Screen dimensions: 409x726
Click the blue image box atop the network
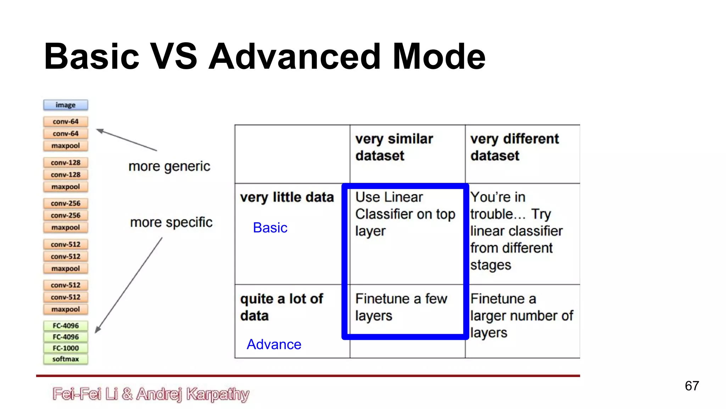click(66, 105)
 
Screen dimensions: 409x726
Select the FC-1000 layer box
click(66, 348)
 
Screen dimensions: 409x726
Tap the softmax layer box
click(66, 359)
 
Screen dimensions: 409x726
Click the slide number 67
click(692, 386)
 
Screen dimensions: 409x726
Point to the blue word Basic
click(270, 228)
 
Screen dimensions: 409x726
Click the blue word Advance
click(274, 344)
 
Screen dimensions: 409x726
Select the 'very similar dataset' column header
click(394, 147)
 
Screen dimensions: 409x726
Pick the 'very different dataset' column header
click(514, 147)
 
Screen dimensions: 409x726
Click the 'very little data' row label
click(287, 197)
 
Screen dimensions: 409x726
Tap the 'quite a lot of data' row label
click(281, 307)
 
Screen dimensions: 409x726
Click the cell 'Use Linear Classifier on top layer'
click(405, 214)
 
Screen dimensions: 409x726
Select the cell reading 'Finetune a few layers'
click(401, 307)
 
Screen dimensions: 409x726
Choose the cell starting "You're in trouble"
click(516, 231)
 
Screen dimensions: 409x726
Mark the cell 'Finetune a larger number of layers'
click(521, 316)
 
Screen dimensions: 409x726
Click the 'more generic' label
click(169, 166)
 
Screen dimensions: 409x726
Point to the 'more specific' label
click(171, 222)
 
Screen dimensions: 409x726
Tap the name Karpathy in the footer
click(218, 394)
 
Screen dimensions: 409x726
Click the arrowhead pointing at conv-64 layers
click(100, 131)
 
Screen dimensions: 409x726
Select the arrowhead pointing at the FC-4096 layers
click(98, 330)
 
